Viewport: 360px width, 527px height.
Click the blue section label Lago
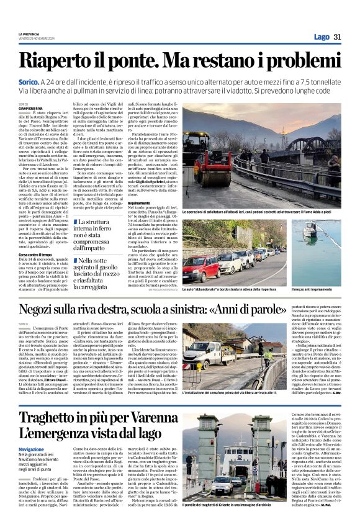322,37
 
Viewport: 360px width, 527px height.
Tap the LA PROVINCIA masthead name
29,34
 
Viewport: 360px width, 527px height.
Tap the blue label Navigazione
31,449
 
